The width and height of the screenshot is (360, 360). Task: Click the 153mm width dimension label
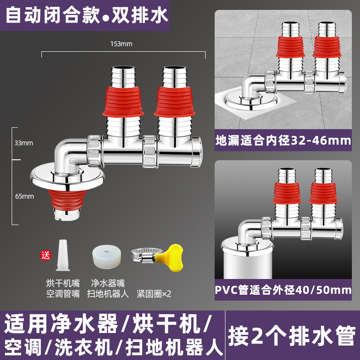point(123,44)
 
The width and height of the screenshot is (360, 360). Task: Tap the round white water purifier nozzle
point(107,256)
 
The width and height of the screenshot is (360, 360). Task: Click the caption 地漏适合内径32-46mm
point(283,140)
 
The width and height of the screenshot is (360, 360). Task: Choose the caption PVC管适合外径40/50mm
point(283,290)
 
